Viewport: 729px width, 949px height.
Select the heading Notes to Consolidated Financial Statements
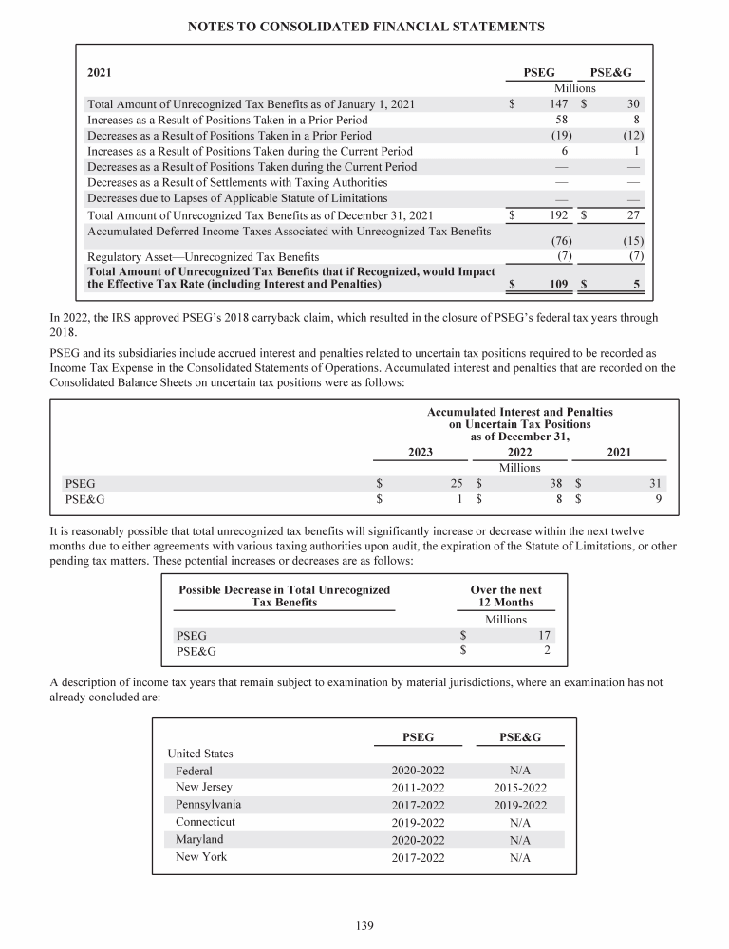[x=364, y=28]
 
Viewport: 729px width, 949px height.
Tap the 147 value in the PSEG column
[x=558, y=103]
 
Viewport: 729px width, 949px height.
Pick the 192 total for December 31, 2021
[x=558, y=215]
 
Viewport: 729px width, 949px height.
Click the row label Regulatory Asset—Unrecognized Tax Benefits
[x=203, y=256]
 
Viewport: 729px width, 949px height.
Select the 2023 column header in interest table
[x=421, y=452]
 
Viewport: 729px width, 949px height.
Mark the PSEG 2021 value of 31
[x=654, y=482]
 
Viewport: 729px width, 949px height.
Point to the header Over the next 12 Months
[x=506, y=596]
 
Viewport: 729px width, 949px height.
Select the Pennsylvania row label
[x=208, y=804]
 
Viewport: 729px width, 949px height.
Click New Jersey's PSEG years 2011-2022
[x=418, y=788]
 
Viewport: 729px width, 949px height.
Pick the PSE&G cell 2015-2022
[x=520, y=788]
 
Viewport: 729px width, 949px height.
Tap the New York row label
[x=202, y=857]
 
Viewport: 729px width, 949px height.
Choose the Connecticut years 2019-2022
[x=418, y=822]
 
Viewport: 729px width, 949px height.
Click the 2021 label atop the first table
[x=100, y=72]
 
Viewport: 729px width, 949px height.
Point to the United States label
[x=200, y=754]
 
